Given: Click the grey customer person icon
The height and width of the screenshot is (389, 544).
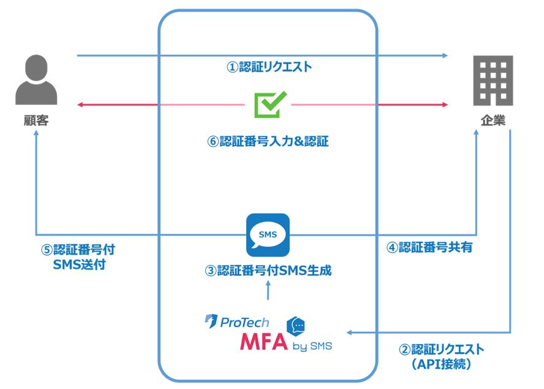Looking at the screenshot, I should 36,80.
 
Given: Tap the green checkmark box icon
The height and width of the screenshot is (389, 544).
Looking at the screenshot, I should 270,105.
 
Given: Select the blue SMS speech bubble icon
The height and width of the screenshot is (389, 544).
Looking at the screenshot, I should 268,234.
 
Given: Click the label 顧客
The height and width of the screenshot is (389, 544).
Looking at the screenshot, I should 36,120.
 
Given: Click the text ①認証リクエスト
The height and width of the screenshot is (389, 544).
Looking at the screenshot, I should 270,66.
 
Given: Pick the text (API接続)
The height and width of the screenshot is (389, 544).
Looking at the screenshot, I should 441,364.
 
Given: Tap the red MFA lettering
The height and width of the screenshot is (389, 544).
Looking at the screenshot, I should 263,341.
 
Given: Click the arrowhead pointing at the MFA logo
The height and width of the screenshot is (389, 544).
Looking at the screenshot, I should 349,333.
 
